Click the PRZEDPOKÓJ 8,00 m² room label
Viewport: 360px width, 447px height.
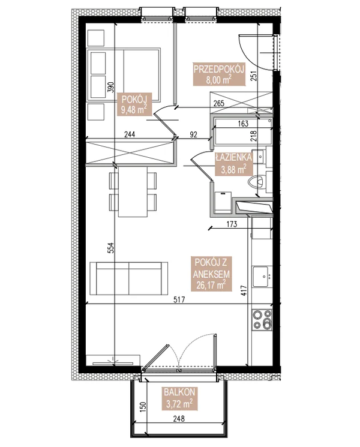(217, 73)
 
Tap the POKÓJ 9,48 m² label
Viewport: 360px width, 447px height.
(134, 104)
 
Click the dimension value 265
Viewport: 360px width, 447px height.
(218, 103)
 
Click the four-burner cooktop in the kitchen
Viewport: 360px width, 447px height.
(262, 319)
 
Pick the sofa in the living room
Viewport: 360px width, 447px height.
(128, 279)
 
